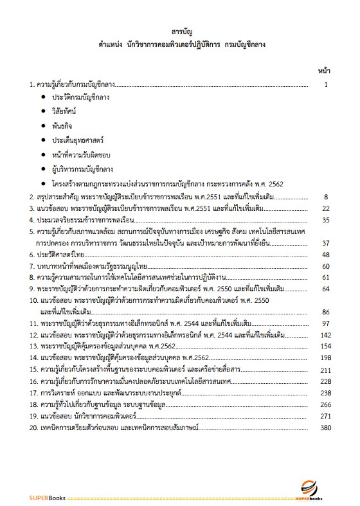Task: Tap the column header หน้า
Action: (x=325, y=69)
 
